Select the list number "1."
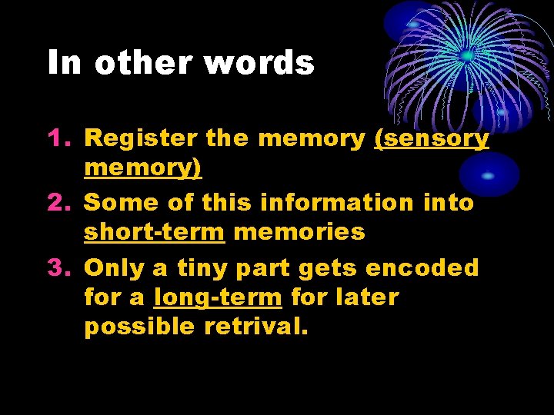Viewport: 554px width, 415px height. coord(60,138)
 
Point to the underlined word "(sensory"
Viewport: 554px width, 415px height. coord(431,139)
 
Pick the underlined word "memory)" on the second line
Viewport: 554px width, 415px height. coord(143,168)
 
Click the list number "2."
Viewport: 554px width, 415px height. coord(60,202)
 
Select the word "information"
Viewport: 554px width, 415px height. coord(336,202)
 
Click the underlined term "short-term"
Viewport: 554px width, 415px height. coord(154,231)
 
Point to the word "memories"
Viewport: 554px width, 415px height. coord(299,231)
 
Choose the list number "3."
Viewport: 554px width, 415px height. coord(60,267)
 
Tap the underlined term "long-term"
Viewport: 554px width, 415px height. coord(218,297)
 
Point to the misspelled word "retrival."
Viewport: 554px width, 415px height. coord(256,327)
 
